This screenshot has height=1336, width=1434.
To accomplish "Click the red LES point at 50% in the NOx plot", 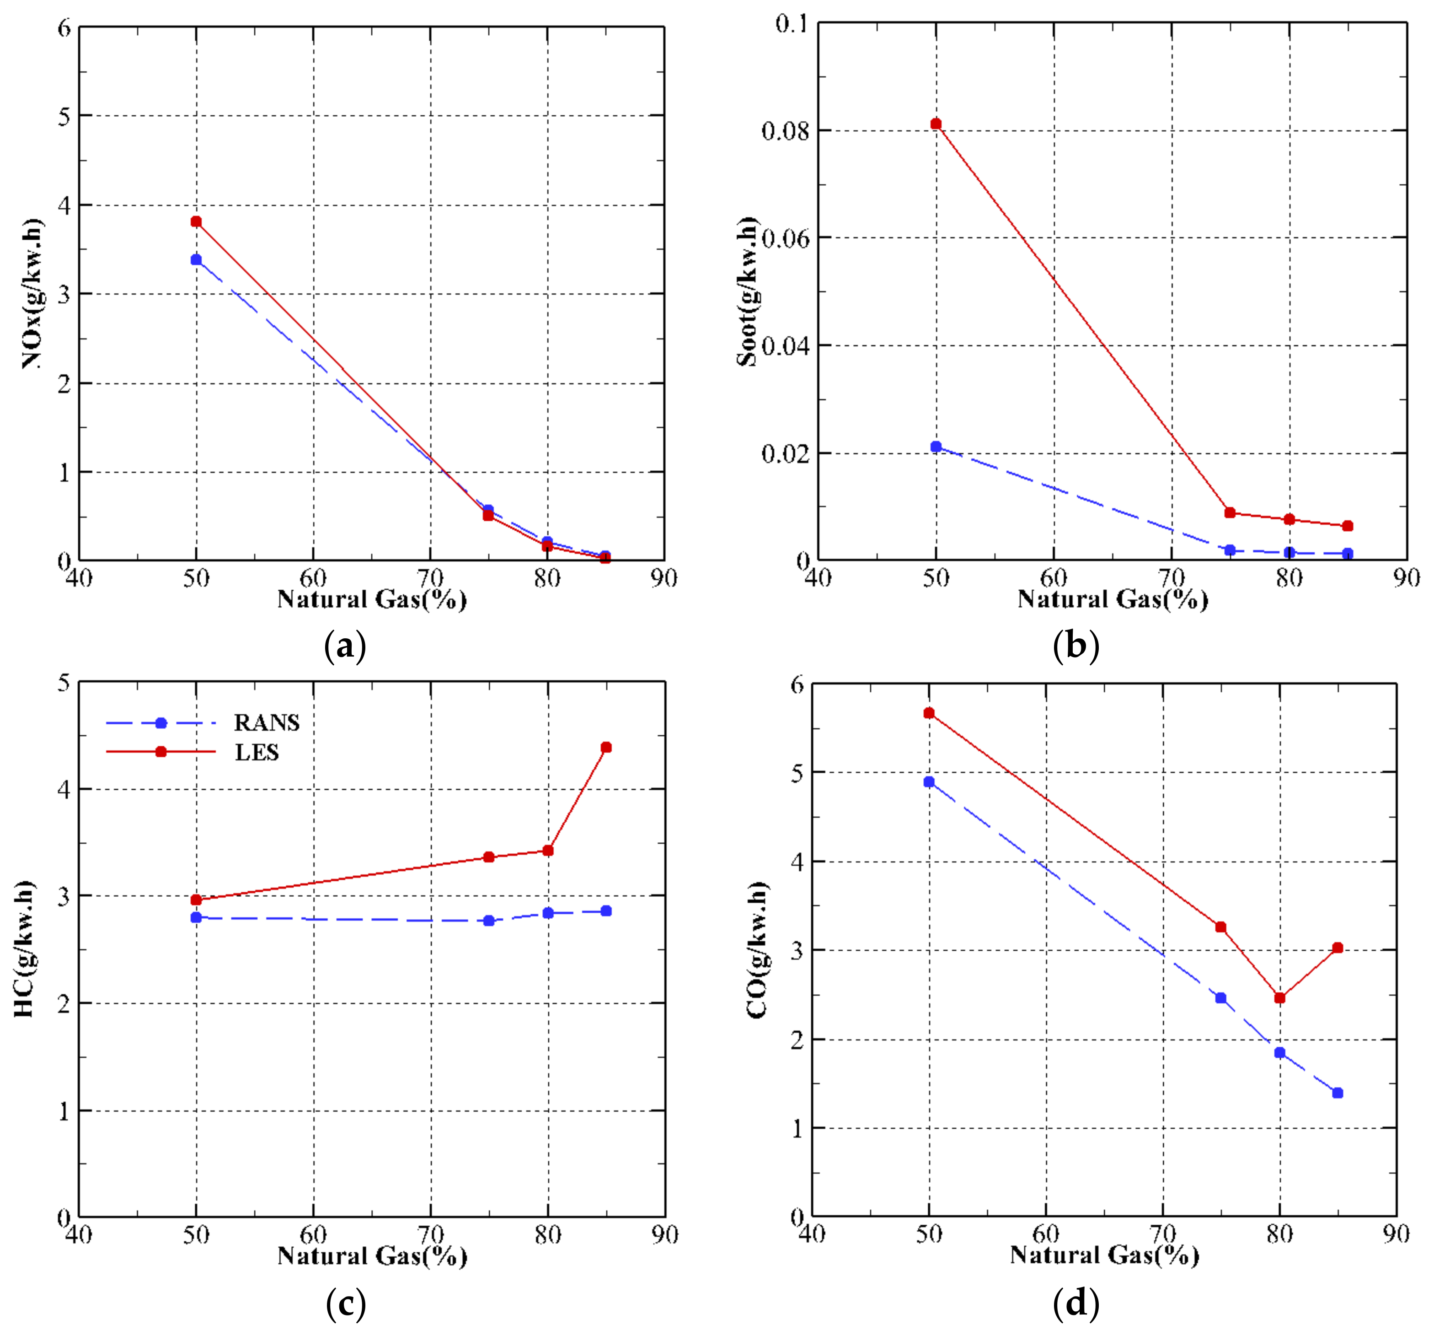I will (196, 221).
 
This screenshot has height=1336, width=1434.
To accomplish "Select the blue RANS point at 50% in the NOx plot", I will (196, 260).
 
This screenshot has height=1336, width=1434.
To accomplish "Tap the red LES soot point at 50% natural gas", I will (936, 124).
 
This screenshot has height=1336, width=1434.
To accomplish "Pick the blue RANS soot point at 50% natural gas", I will (936, 447).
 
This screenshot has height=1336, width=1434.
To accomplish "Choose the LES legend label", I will (257, 753).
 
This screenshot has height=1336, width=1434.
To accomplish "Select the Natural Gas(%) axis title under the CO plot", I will (1104, 1255).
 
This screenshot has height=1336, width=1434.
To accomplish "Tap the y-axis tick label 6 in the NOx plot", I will (65, 29).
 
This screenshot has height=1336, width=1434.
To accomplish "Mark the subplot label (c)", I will (346, 1304).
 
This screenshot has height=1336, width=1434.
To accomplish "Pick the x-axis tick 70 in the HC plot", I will (431, 1234).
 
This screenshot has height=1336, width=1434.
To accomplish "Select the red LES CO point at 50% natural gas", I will (929, 714).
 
